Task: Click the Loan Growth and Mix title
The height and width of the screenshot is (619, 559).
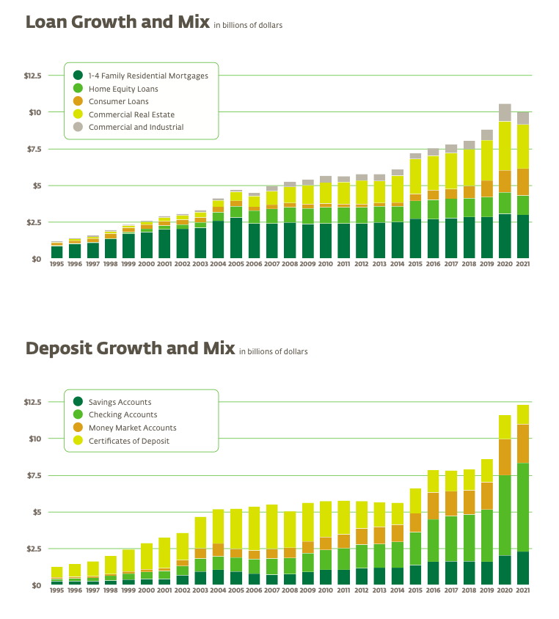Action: click(117, 21)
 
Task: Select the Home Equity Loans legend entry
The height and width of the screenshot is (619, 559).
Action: click(123, 89)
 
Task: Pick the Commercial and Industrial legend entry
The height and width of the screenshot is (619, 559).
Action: click(136, 127)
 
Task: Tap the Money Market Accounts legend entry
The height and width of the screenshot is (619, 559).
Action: click(132, 428)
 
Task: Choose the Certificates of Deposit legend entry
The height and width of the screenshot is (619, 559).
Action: click(128, 441)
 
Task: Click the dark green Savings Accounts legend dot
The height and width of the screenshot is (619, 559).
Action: click(78, 402)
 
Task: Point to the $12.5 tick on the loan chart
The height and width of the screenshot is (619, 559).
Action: click(33, 76)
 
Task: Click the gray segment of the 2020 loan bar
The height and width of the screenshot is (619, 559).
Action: click(505, 112)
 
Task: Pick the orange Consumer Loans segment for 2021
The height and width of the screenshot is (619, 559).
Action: click(523, 182)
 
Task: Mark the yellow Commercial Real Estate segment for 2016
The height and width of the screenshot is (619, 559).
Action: click(433, 173)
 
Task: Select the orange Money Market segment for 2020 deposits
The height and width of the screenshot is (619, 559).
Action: click(505, 457)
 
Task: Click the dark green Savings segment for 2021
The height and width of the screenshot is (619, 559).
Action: click(523, 568)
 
